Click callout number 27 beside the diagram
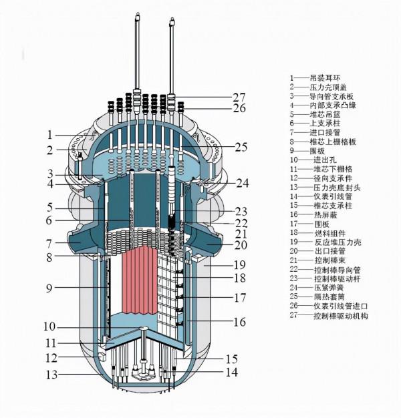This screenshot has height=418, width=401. tap(239, 96)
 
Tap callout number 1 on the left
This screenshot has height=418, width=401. tap(49, 134)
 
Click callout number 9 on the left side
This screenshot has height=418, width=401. tap(49, 288)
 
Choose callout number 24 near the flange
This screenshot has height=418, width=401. tap(242, 182)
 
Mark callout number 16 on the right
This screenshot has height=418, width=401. tap(238, 322)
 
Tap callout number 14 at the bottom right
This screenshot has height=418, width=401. tap(230, 373)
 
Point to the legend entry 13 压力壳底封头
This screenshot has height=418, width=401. tap(323, 187)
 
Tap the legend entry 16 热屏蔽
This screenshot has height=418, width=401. tap(313, 214)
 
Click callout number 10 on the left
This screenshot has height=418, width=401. tap(49, 327)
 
